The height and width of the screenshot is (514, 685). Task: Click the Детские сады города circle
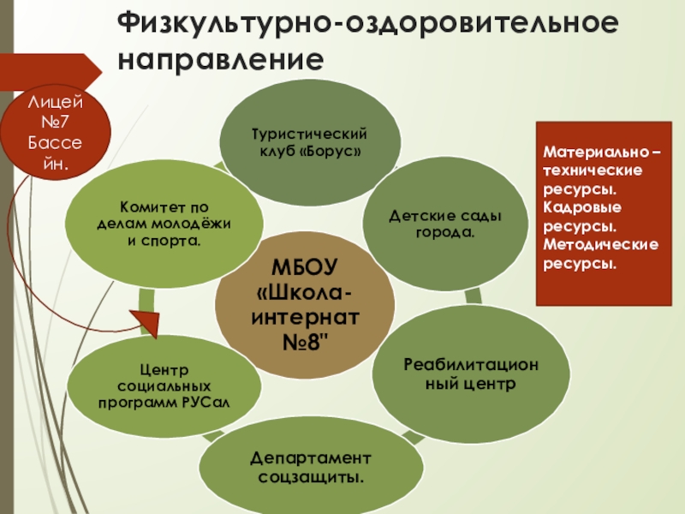tap(444, 224)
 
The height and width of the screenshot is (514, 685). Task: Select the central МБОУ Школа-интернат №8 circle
tap(304, 304)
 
